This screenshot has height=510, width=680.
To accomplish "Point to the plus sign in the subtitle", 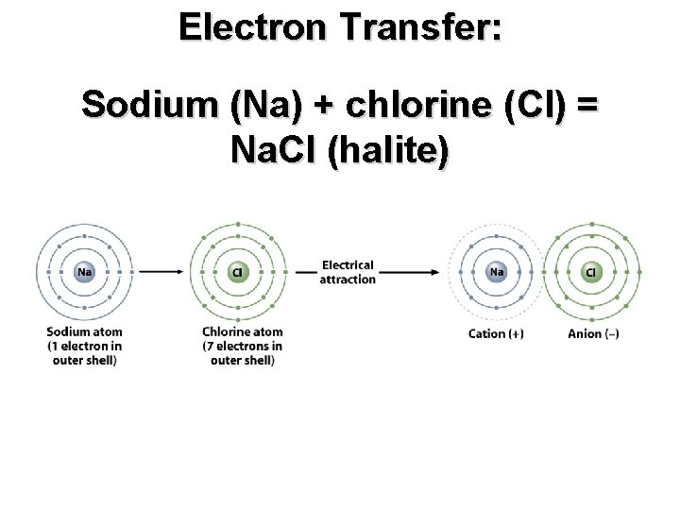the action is [323, 104].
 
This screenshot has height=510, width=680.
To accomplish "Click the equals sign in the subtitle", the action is [586, 104].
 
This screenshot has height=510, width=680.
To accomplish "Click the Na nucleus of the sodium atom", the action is [84, 272].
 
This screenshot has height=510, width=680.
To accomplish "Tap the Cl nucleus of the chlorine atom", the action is [238, 272].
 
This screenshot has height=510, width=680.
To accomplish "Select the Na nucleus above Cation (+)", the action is [496, 272].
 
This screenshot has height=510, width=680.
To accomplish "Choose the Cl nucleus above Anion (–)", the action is [591, 272].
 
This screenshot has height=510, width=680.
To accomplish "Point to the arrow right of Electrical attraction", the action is [408, 272].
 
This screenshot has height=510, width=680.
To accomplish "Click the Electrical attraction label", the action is [348, 272].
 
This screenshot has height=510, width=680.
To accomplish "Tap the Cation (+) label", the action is [496, 333].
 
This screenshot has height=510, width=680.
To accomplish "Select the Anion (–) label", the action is [593, 333].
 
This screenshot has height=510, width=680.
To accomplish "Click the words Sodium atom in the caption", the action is [84, 331].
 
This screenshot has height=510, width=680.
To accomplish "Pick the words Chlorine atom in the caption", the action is [243, 331].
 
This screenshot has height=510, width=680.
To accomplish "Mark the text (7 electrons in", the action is [243, 346].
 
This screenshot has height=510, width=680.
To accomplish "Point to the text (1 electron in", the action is [84, 346].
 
